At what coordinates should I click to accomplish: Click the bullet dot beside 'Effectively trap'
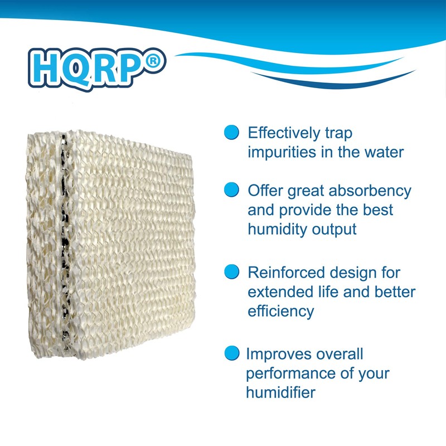coord(231,133)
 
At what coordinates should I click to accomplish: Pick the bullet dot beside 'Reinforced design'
coord(231,272)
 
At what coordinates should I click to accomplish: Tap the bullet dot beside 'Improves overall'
coord(230,353)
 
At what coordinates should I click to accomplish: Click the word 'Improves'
coord(279,354)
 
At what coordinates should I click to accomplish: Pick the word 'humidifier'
coord(280,392)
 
